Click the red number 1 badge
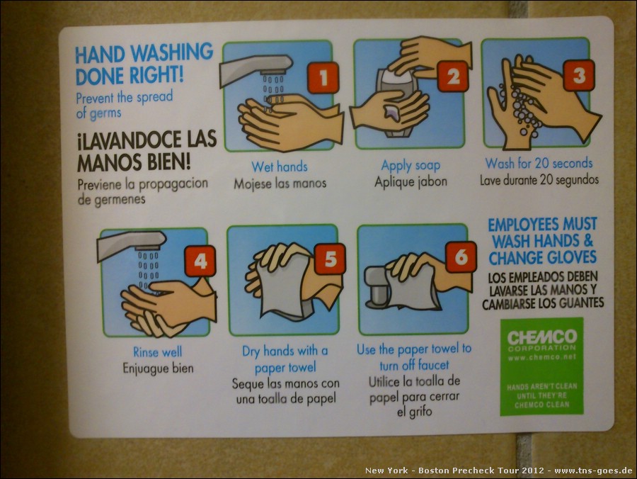pyautogui.click(x=323, y=77)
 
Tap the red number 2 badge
pyautogui.click(x=453, y=76)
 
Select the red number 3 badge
pyautogui.click(x=579, y=75)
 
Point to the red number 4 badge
pyautogui.click(x=200, y=261)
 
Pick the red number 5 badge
pyautogui.click(x=330, y=259)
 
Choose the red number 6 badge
pyautogui.click(x=461, y=257)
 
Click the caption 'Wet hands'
pyautogui.click(x=280, y=167)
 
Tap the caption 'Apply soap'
pyautogui.click(x=411, y=166)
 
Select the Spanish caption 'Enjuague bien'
pyautogui.click(x=158, y=368)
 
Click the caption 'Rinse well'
pyautogui.click(x=158, y=351)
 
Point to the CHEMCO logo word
pyautogui.click(x=542, y=337)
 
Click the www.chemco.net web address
pyautogui.click(x=542, y=357)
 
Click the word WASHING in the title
pyautogui.click(x=172, y=53)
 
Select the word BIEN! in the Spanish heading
pyautogui.click(x=168, y=162)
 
